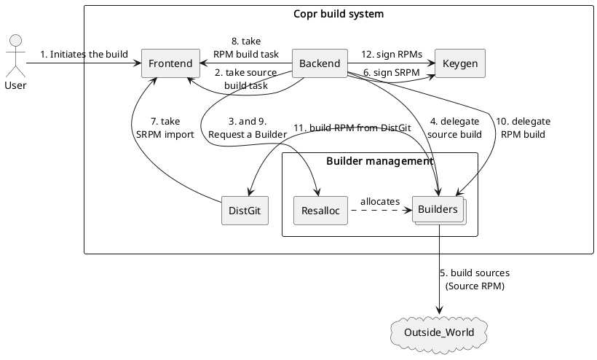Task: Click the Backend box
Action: (x=320, y=63)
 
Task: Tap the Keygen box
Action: (x=459, y=63)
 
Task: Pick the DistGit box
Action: (x=244, y=211)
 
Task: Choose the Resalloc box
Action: (x=320, y=211)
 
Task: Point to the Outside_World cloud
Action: (x=439, y=332)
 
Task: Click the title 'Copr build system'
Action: (x=339, y=14)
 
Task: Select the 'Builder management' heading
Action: (x=379, y=161)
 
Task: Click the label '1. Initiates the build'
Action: (x=84, y=54)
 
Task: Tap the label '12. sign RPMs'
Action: (x=391, y=54)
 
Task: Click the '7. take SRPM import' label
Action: (x=165, y=128)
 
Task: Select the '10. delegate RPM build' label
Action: (x=523, y=128)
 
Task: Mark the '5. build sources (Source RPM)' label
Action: (x=475, y=279)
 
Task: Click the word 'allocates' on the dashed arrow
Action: (x=379, y=200)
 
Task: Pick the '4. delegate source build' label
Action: (x=454, y=128)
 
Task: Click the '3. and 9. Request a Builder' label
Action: (x=248, y=128)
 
